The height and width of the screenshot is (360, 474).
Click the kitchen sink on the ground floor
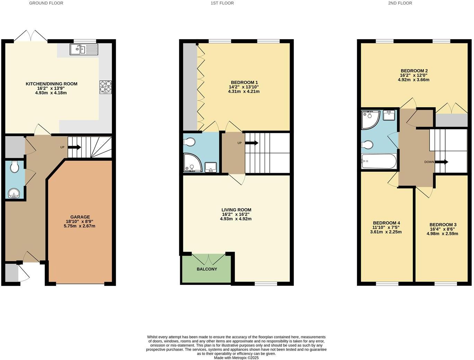[84, 49]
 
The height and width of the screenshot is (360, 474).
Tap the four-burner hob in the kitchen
[106, 87]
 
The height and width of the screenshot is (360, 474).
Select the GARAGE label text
[80, 217]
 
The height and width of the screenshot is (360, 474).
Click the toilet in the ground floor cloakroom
[15, 167]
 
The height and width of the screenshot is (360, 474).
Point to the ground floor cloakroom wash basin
[14, 193]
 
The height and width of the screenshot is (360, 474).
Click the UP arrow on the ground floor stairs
[74, 147]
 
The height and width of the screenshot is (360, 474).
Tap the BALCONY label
[207, 269]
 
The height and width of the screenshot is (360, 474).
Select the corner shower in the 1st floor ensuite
[193, 163]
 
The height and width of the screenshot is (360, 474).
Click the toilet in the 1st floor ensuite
[190, 142]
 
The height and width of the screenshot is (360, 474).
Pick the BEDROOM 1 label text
[244, 82]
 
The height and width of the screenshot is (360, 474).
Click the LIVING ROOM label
[236, 210]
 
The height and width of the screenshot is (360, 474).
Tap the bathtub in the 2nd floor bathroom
[379, 161]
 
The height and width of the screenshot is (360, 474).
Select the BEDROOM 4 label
[386, 223]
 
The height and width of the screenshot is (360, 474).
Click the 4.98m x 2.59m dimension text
[442, 234]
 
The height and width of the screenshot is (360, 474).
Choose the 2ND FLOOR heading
[400, 3]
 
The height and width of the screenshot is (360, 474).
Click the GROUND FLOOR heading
[46, 3]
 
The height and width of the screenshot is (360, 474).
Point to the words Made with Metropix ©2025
[236, 358]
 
